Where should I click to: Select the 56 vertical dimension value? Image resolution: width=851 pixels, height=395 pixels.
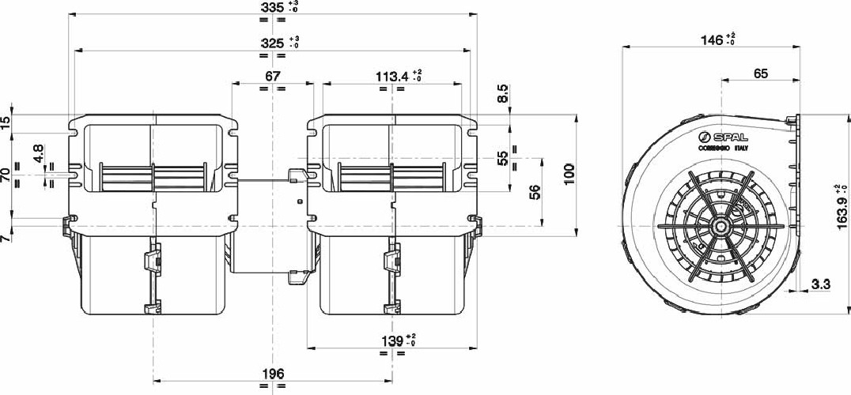(x=535, y=191)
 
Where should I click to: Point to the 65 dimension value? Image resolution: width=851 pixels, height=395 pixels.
(x=761, y=74)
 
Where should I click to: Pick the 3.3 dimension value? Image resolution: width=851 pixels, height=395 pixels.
(x=820, y=284)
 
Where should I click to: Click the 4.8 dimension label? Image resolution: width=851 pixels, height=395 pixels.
(x=39, y=152)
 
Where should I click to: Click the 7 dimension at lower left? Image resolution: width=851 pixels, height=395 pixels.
(x=6, y=237)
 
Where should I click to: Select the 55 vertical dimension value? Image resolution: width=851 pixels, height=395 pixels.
(x=504, y=158)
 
